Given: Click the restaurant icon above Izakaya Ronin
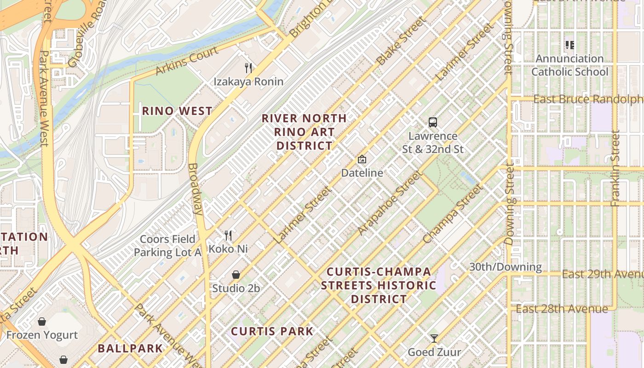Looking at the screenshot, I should pos(248,68).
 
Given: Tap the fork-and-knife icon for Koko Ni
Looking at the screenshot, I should pos(228,236).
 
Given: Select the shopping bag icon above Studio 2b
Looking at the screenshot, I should pos(236,275).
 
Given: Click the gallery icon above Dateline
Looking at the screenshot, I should pos(362,159).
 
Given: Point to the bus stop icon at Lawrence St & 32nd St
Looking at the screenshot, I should pos(433,122).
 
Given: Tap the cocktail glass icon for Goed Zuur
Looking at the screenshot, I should pos(434,339).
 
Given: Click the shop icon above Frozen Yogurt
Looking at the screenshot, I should pos(42,321).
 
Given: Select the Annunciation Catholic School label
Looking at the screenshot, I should pos(569,65).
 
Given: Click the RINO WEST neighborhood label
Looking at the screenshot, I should pos(177,111).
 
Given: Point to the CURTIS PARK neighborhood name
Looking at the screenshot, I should pos(272,331).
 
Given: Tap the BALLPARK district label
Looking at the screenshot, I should pos(130,348).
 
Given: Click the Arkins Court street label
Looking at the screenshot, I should pos(186,62).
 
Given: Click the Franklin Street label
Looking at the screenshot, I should pos(615,168).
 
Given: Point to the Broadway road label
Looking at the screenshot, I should pos(195,189).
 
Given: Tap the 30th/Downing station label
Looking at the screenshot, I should pos(505,267).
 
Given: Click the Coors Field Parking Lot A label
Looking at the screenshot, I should pos(167,246).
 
